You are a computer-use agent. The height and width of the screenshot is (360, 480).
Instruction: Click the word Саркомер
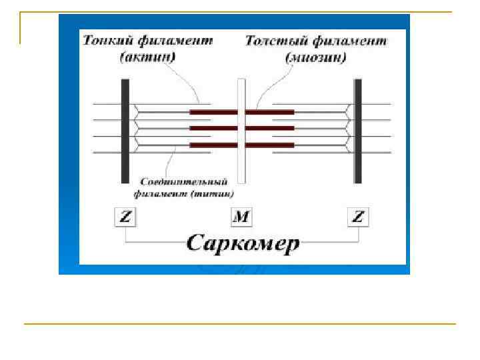(243, 243)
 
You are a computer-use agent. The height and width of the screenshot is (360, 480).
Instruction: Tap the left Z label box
(125, 217)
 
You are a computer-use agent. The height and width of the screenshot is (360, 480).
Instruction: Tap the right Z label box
(359, 217)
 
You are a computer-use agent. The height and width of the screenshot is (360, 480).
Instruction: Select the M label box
(241, 217)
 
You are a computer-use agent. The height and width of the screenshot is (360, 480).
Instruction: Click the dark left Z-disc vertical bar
(125, 131)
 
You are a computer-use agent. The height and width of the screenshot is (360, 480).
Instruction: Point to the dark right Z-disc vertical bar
(358, 131)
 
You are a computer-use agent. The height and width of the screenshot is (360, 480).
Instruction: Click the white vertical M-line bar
(241, 131)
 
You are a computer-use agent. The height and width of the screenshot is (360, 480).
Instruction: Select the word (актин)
(148, 57)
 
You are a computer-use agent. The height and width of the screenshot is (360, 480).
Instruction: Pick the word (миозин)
(317, 57)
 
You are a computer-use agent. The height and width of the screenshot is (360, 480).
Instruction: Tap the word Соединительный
(185, 182)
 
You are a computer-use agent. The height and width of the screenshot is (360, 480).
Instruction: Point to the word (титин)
(213, 195)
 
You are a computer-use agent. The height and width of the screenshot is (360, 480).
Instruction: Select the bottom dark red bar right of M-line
(269, 145)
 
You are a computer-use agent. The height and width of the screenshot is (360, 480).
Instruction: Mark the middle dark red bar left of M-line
(213, 128)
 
